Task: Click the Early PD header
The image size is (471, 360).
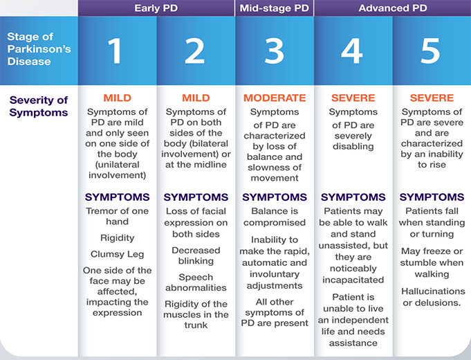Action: tap(156, 8)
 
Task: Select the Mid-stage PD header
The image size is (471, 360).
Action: tap(275, 8)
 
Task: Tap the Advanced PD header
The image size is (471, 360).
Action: tap(393, 8)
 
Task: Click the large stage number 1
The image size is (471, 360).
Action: tap(115, 51)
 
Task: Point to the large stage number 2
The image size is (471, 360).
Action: tap(194, 51)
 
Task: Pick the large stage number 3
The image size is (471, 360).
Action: tap(274, 51)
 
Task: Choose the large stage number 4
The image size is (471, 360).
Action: tap(352, 51)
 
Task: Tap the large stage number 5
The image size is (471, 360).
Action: tap(430, 51)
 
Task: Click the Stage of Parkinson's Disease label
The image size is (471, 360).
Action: tap(39, 49)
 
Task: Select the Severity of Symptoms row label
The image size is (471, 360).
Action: tap(39, 106)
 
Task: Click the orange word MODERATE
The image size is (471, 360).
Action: tap(275, 98)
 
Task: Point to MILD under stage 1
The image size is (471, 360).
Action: tap(117, 98)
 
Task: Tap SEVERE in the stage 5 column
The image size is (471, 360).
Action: tap(432, 98)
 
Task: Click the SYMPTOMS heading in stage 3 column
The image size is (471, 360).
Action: tap(275, 197)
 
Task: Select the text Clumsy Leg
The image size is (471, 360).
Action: tap(117, 254)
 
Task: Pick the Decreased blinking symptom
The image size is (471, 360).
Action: tap(196, 255)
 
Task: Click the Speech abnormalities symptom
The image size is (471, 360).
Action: tap(196, 282)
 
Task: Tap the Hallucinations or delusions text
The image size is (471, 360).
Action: tap(433, 297)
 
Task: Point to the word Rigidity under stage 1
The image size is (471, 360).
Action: tap(117, 238)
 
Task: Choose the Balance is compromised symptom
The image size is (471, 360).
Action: tap(275, 217)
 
